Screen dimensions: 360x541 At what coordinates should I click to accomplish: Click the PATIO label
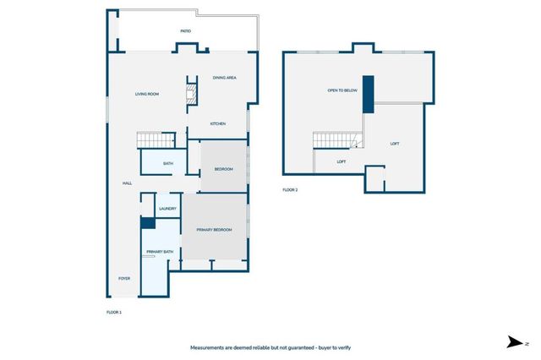pos(185,31)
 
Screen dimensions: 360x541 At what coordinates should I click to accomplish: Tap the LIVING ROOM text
pos(147,94)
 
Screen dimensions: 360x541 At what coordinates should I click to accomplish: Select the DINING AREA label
pos(224,78)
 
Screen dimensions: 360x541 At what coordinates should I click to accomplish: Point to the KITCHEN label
pos(218,124)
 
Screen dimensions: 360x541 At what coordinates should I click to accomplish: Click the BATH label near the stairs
pos(168,163)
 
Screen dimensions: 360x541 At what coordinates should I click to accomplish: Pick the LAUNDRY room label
pos(167,209)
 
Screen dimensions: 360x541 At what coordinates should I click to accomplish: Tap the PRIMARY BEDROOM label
pos(214,230)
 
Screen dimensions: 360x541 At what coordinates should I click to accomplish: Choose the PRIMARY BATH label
pos(159,253)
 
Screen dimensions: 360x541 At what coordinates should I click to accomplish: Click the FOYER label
pos(124,277)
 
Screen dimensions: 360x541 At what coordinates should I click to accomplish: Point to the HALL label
pos(127,183)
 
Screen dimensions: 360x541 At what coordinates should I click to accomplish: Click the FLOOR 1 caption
pos(114,313)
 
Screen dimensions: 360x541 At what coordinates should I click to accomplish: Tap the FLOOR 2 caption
pos(290,190)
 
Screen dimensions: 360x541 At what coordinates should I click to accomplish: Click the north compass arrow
pos(513,342)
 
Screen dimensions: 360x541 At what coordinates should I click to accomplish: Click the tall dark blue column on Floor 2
pos(368,97)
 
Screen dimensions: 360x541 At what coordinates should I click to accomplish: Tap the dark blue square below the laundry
pos(147,224)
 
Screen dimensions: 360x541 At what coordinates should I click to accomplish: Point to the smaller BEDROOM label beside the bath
pos(223,169)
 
